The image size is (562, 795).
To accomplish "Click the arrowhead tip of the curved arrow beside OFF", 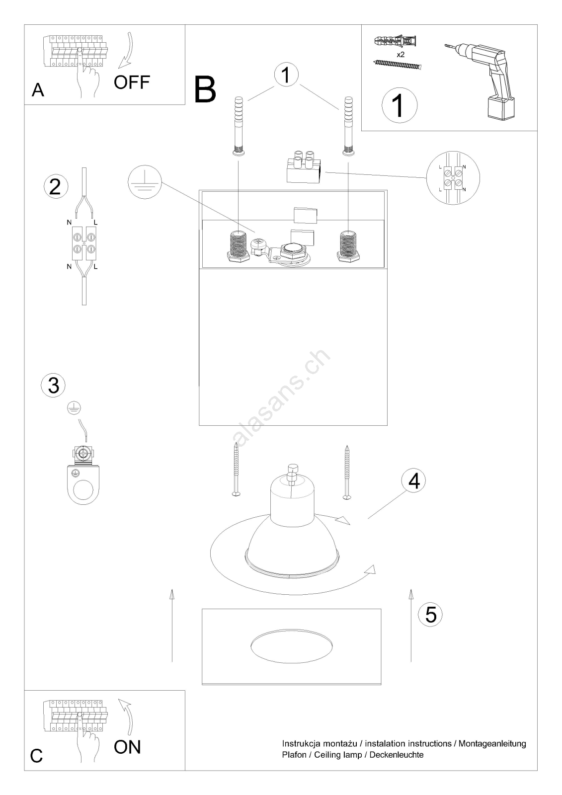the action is (119, 68).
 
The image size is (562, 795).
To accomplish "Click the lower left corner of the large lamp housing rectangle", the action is (199, 425).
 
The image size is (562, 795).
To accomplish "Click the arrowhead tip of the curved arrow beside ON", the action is (119, 700).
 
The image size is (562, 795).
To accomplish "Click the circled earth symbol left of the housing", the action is (145, 182).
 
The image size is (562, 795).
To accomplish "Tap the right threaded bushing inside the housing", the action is (348, 246).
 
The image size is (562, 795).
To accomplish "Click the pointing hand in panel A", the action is (87, 73).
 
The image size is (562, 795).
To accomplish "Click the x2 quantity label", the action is (401, 55).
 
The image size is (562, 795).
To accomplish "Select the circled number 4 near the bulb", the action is (413, 480).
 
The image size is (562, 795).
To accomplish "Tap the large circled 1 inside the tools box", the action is (400, 105).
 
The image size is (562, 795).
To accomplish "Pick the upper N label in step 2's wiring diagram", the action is (69, 223).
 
